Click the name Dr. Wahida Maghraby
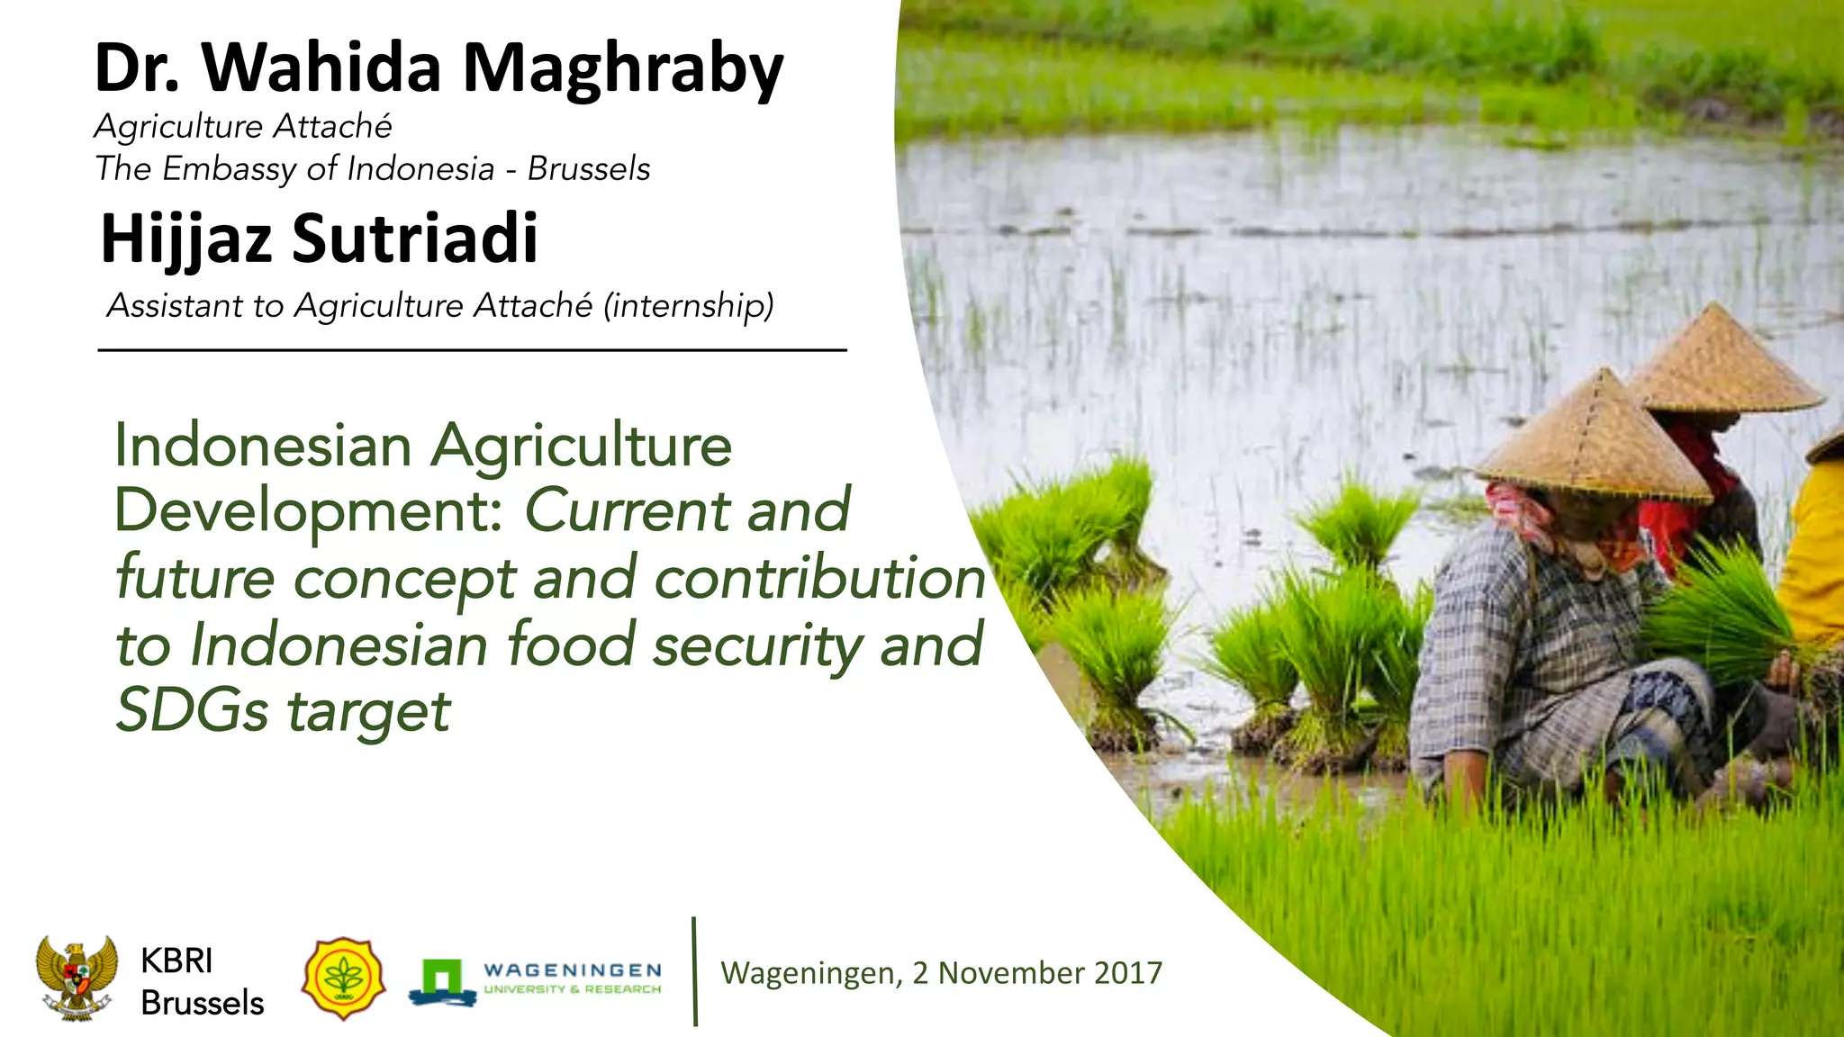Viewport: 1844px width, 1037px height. coord(438,68)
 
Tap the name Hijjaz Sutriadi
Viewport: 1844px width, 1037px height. coord(319,239)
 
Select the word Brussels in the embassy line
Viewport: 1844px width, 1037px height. coord(589,169)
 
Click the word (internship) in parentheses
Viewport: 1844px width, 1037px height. coord(689,306)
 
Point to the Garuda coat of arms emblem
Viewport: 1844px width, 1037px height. coord(77,977)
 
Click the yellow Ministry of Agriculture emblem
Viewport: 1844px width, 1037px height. coord(343,978)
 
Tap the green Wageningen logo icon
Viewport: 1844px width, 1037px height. coord(441,980)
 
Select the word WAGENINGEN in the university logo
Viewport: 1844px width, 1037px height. coord(573,970)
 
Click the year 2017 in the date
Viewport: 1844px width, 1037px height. coord(1128,973)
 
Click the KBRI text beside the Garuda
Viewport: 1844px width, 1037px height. coord(176,961)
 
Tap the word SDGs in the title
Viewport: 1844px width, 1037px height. coord(192,711)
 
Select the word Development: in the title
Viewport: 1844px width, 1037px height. coord(308,511)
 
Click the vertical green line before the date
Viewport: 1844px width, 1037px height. coord(695,972)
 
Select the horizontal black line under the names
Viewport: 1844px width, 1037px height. coord(472,350)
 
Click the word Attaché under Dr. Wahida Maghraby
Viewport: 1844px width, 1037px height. coord(332,127)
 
